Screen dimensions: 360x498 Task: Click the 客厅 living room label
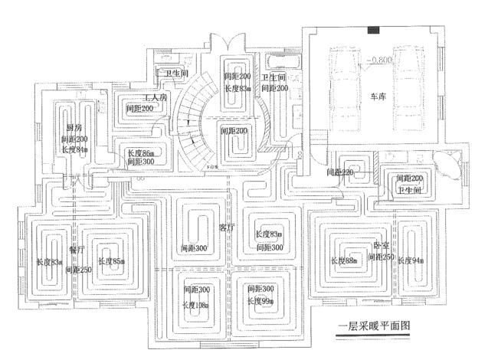pyautogui.click(x=225, y=227)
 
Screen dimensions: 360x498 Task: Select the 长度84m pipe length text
pyautogui.click(x=74, y=150)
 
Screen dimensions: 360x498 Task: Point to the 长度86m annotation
pyautogui.click(x=141, y=152)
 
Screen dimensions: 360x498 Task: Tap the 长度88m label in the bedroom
pyautogui.click(x=346, y=261)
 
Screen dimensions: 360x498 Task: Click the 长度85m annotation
pyautogui.click(x=111, y=261)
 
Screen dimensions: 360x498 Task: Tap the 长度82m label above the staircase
pyautogui.click(x=238, y=89)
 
